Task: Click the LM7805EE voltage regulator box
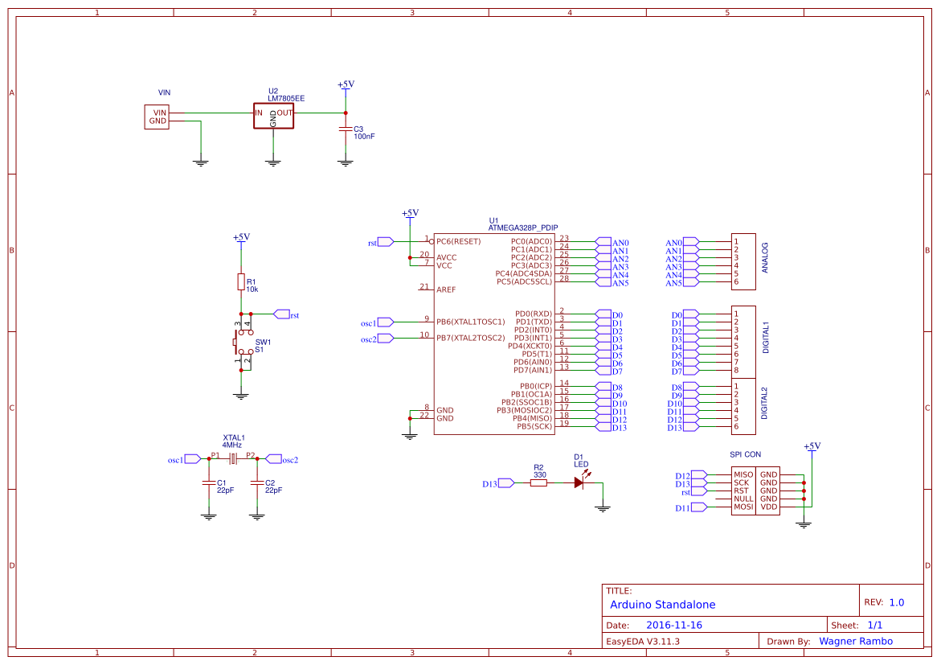tap(273, 116)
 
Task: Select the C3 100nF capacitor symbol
tap(346, 129)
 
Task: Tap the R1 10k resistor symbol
tap(240, 281)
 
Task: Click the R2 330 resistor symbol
tap(538, 483)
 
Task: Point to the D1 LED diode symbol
tap(579, 483)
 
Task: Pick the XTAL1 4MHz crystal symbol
tap(233, 459)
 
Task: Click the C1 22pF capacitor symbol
tap(209, 483)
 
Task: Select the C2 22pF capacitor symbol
tap(256, 483)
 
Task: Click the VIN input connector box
tap(158, 117)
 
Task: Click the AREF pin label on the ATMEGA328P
tap(446, 289)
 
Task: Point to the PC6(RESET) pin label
tap(458, 241)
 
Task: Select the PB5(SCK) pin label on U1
tap(535, 426)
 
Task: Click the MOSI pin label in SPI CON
tap(743, 507)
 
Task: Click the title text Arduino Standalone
tap(662, 605)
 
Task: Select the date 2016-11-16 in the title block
tap(674, 625)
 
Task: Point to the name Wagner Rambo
tap(855, 641)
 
